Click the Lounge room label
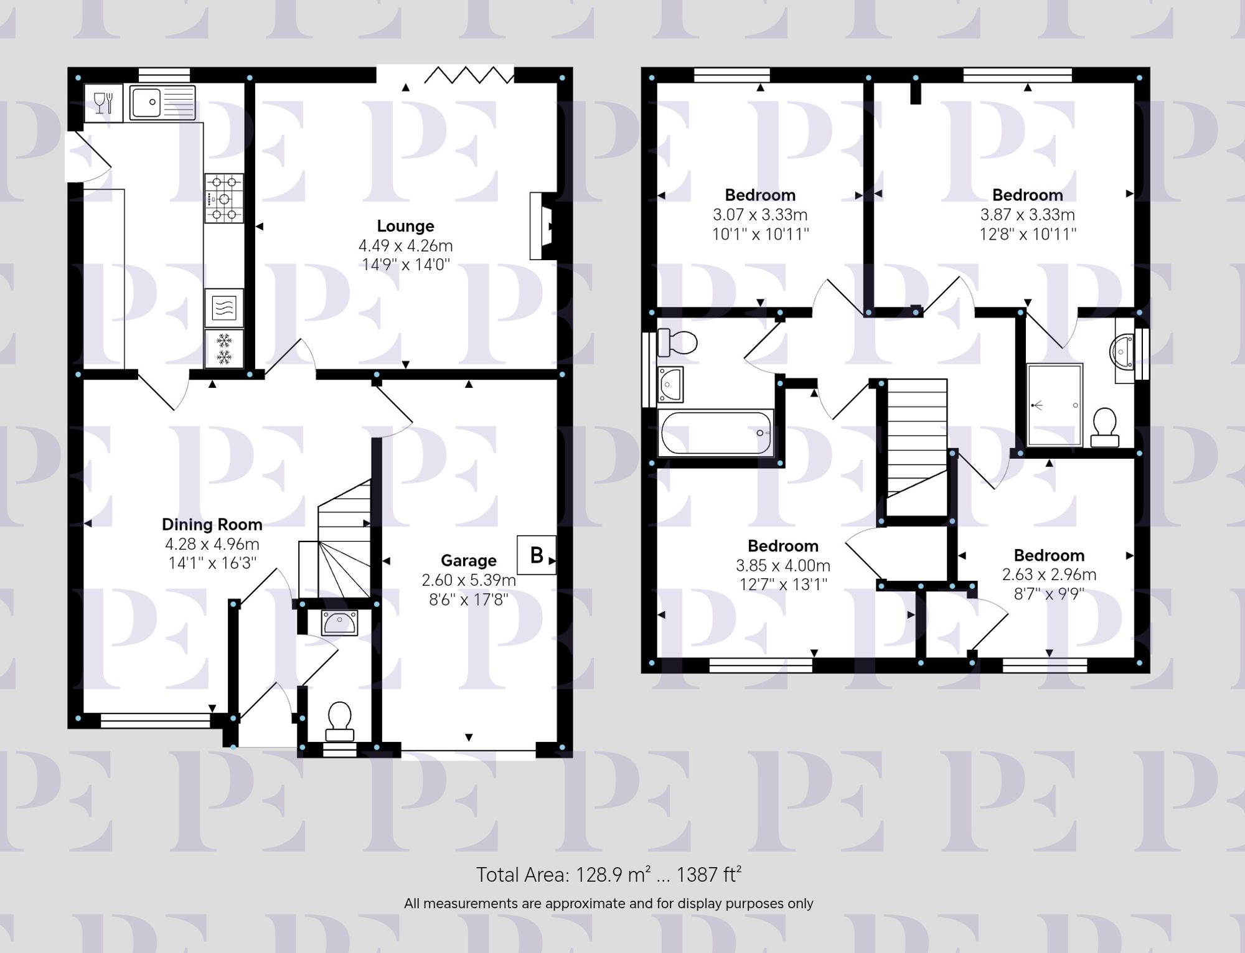coord(405,226)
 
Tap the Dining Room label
coord(212,524)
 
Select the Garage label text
coord(468,561)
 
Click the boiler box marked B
coord(536,555)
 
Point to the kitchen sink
coord(162,102)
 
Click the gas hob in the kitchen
coord(224,198)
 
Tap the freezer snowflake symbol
coord(223,348)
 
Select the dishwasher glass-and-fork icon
coord(103,103)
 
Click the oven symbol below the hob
coord(223,307)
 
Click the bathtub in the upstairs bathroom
coord(715,432)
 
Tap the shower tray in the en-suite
coord(1055,405)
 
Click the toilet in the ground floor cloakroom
coord(339,721)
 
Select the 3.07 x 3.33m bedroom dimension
coord(760,215)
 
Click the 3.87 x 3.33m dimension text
coord(1027,215)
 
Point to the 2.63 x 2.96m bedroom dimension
coord(1049,575)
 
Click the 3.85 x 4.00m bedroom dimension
coord(782,565)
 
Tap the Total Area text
coord(608,875)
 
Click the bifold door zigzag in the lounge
coord(469,75)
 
